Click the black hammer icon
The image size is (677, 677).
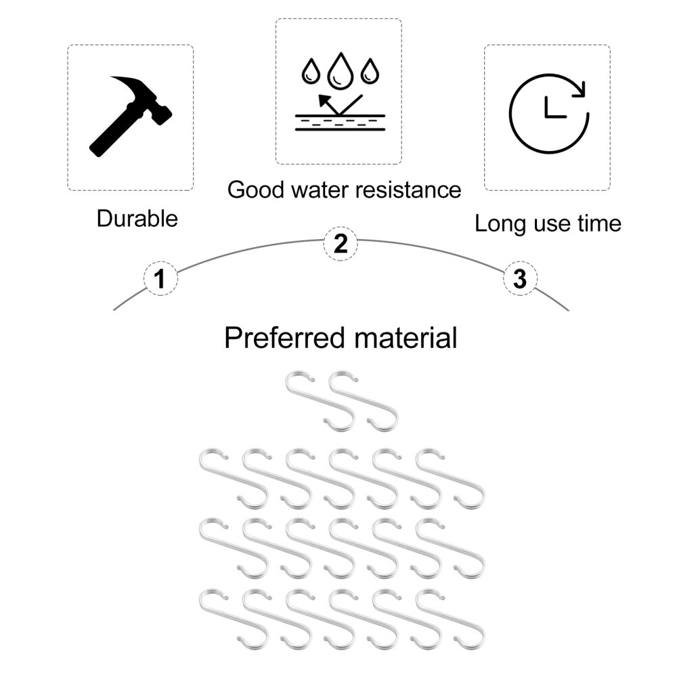point(131,115)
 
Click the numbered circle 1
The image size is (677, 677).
point(160,278)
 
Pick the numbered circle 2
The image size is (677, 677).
point(341,243)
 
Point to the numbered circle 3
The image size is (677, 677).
point(520,278)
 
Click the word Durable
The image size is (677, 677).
point(137,219)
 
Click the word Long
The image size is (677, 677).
point(500,223)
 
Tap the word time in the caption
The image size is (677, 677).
point(598,223)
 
